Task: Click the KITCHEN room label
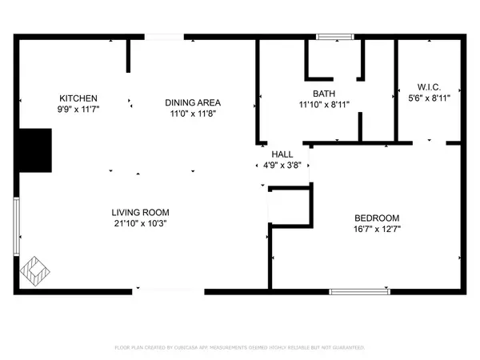point(78,98)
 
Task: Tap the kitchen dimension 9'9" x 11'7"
point(78,110)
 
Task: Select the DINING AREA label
point(192,102)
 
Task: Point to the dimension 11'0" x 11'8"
point(192,114)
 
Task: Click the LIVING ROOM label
point(140,212)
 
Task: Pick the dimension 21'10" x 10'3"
point(140,223)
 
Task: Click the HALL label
point(281,155)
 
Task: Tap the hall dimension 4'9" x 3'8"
point(281,166)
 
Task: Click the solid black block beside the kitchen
point(35,150)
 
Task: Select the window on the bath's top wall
point(333,36)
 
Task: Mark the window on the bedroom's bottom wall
point(358,291)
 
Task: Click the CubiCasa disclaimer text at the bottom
point(240,348)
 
